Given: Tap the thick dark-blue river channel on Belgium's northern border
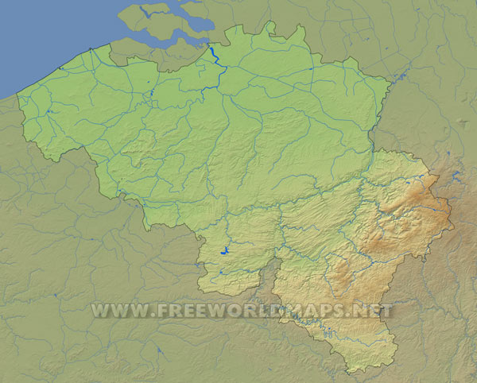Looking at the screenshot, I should (x=215, y=58).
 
